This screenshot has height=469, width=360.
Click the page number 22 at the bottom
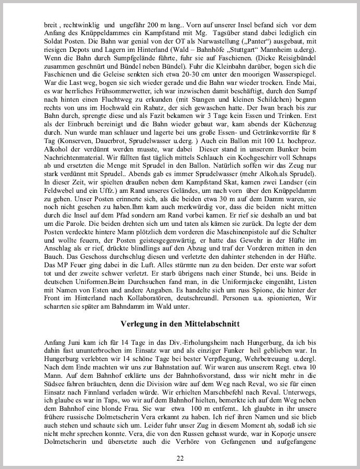(x=180, y=459)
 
